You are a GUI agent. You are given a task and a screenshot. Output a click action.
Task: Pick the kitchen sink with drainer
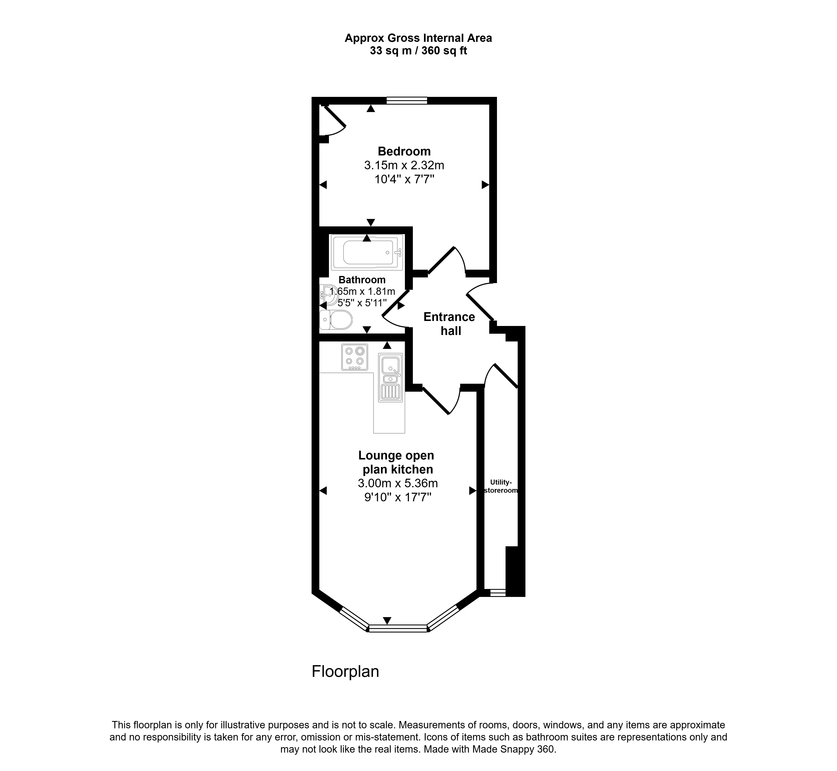click(390, 378)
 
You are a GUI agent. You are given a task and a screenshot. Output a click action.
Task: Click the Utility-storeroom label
click(500, 486)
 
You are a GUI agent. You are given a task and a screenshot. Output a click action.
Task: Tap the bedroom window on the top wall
click(407, 100)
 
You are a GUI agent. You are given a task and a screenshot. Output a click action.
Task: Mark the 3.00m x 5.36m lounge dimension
click(398, 483)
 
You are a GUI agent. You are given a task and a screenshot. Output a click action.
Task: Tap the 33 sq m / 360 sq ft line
click(418, 51)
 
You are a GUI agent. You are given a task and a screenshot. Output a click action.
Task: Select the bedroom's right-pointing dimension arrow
click(485, 184)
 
